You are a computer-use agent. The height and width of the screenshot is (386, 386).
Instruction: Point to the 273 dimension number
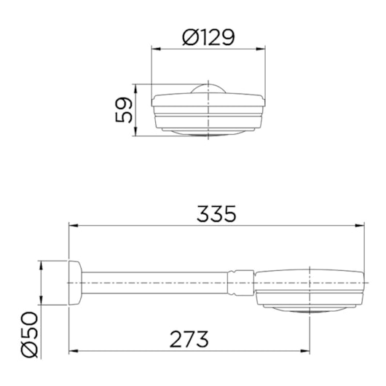189,338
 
